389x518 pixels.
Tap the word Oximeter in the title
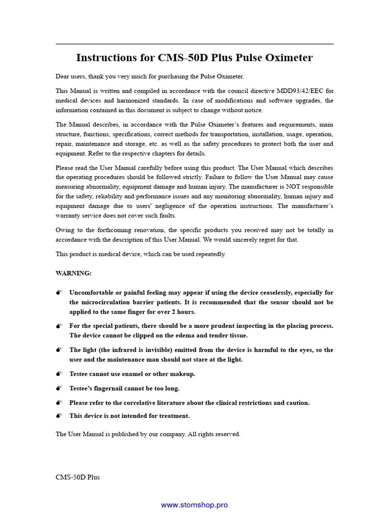tap(287, 58)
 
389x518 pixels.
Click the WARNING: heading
tap(73, 273)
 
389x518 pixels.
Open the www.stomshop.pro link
tap(194, 505)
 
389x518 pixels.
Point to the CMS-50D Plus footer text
tap(77, 477)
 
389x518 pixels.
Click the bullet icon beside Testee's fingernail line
tap(59, 388)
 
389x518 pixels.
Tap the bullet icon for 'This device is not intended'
tap(59, 416)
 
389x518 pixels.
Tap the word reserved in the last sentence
tap(227, 434)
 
